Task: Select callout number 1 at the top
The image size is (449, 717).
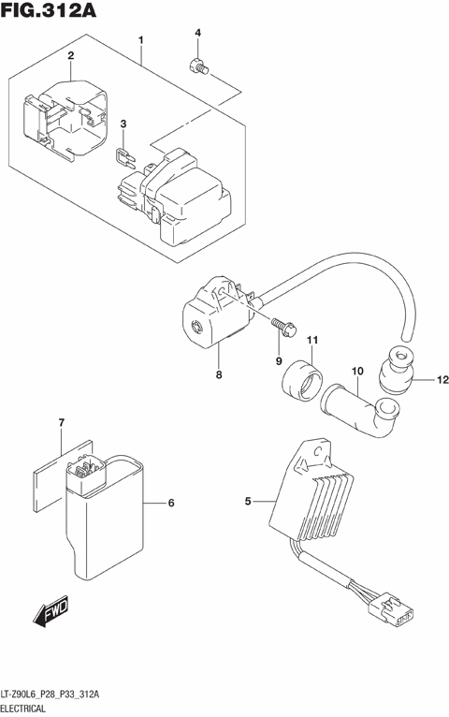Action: click(140, 40)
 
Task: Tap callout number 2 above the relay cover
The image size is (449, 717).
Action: click(69, 57)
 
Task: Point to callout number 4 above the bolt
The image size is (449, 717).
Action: click(197, 34)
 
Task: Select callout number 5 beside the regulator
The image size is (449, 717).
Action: click(249, 503)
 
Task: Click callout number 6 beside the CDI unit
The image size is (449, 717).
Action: click(171, 504)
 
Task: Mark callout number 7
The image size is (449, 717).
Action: click(61, 424)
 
